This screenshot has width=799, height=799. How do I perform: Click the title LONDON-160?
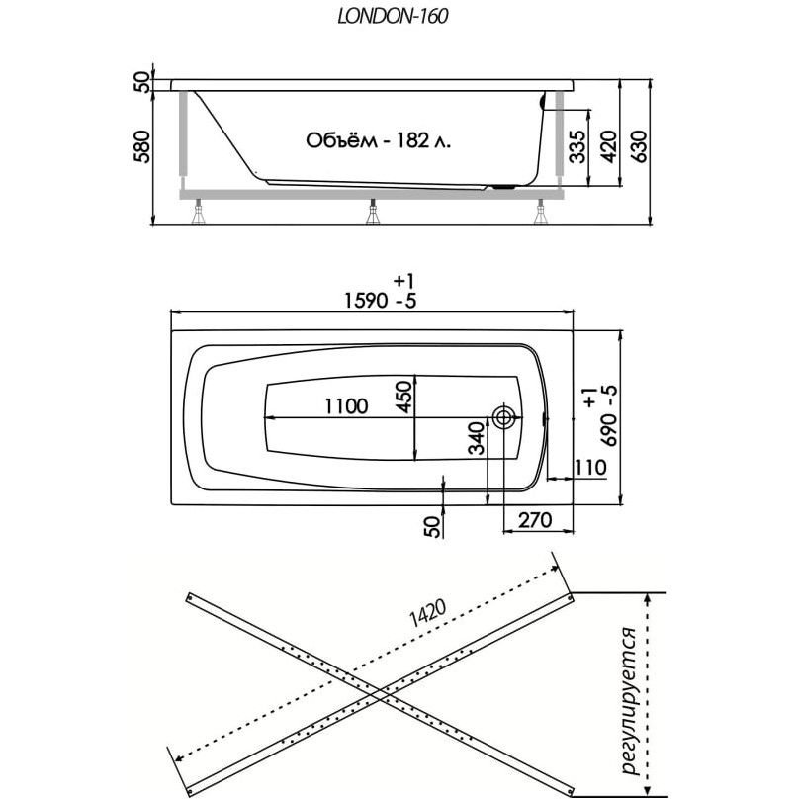(399, 16)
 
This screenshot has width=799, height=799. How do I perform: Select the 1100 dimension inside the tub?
(344, 405)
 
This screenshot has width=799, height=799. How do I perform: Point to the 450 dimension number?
(402, 396)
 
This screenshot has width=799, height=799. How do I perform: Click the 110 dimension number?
(588, 467)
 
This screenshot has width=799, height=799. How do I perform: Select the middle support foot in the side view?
(372, 212)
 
